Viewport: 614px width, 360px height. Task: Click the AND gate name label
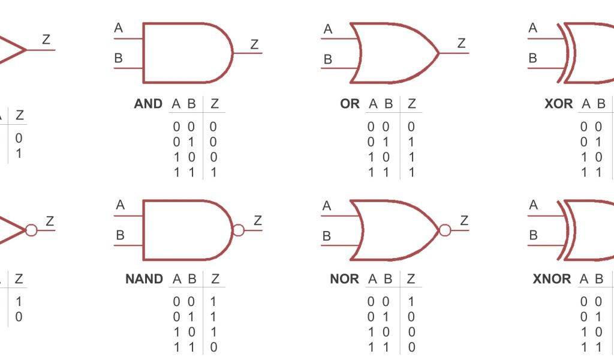(148, 104)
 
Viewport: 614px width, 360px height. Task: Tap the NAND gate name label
(144, 279)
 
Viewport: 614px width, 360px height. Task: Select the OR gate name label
(350, 104)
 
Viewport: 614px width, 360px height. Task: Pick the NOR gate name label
(344, 279)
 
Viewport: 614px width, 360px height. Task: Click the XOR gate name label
(558, 104)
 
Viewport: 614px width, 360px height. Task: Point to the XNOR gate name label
(552, 279)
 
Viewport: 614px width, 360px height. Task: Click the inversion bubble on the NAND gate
(239, 230)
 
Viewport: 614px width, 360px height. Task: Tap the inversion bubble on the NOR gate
(445, 230)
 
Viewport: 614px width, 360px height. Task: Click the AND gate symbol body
(183, 53)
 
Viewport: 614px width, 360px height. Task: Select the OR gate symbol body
(393, 53)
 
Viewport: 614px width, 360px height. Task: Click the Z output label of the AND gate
(255, 44)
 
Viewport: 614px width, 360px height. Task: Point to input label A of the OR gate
(328, 29)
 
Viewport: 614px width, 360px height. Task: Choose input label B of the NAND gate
(120, 236)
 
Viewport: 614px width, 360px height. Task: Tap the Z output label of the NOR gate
(463, 220)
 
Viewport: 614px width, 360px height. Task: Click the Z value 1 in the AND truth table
(213, 173)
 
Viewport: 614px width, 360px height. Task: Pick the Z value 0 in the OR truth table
(411, 127)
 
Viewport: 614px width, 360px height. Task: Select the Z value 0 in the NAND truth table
(213, 347)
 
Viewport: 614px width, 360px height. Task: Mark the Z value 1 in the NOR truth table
(411, 302)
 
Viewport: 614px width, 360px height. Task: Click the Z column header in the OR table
(411, 104)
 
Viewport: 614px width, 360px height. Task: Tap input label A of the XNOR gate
(534, 205)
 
